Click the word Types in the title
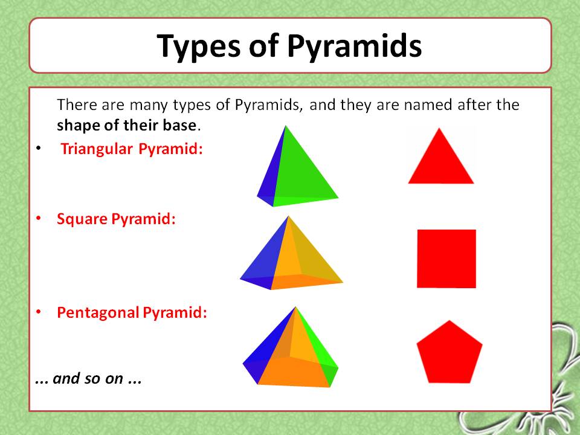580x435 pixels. (x=196, y=46)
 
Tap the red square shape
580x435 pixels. (x=446, y=259)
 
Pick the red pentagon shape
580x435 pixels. (x=449, y=353)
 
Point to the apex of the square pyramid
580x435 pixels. (x=289, y=216)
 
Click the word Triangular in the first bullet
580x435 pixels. (x=97, y=149)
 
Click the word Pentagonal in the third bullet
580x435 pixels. (x=98, y=313)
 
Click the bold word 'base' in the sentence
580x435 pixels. (x=183, y=126)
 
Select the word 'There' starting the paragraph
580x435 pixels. (x=74, y=105)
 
